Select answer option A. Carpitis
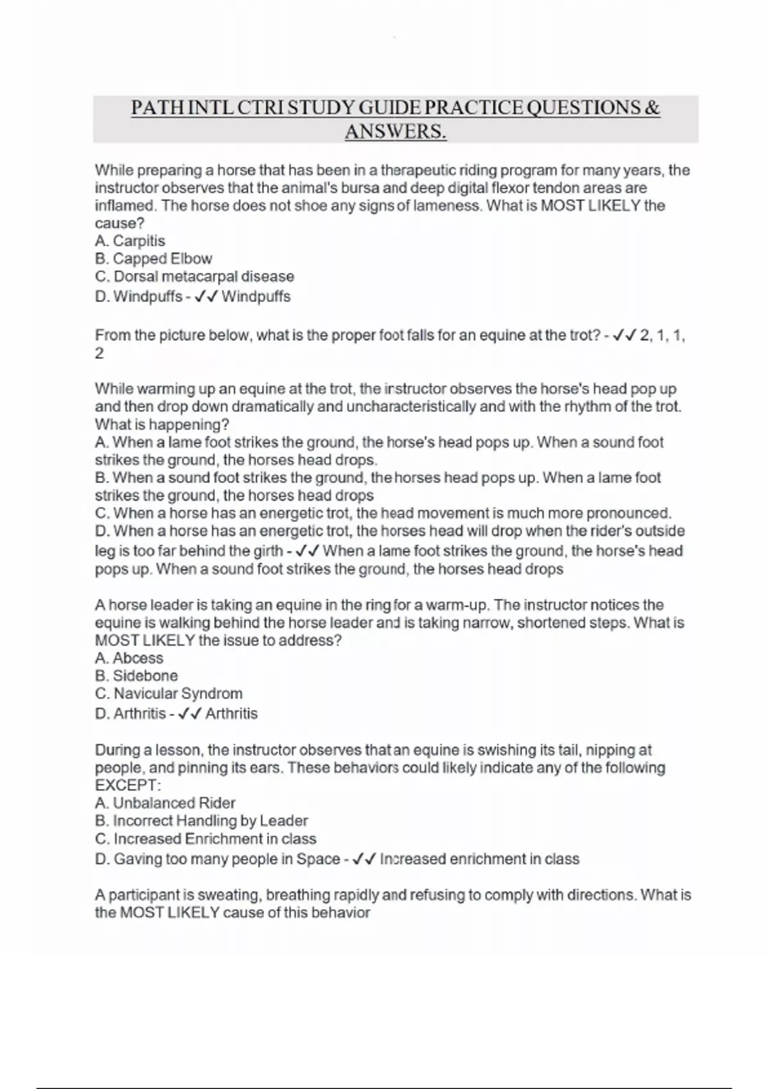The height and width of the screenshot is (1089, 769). [130, 241]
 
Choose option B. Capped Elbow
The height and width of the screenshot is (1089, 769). [153, 259]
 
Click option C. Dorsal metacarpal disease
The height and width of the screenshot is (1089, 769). [194, 277]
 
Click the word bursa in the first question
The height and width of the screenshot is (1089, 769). [386, 188]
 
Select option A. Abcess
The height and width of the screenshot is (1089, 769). [129, 658]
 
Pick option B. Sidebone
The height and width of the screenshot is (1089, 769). [136, 676]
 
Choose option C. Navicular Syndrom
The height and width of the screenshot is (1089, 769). [169, 694]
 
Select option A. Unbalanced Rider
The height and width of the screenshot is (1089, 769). [165, 803]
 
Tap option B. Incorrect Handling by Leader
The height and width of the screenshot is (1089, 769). [201, 821]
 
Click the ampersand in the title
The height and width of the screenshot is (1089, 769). [652, 107]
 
